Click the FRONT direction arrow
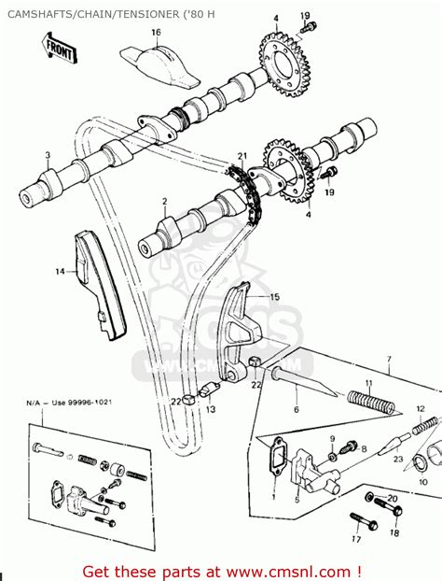tap(57, 44)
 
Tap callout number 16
tap(156, 33)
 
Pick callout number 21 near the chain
tap(242, 156)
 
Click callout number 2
tap(164, 202)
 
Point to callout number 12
tap(420, 408)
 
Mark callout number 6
tap(296, 408)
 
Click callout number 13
tap(211, 408)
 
